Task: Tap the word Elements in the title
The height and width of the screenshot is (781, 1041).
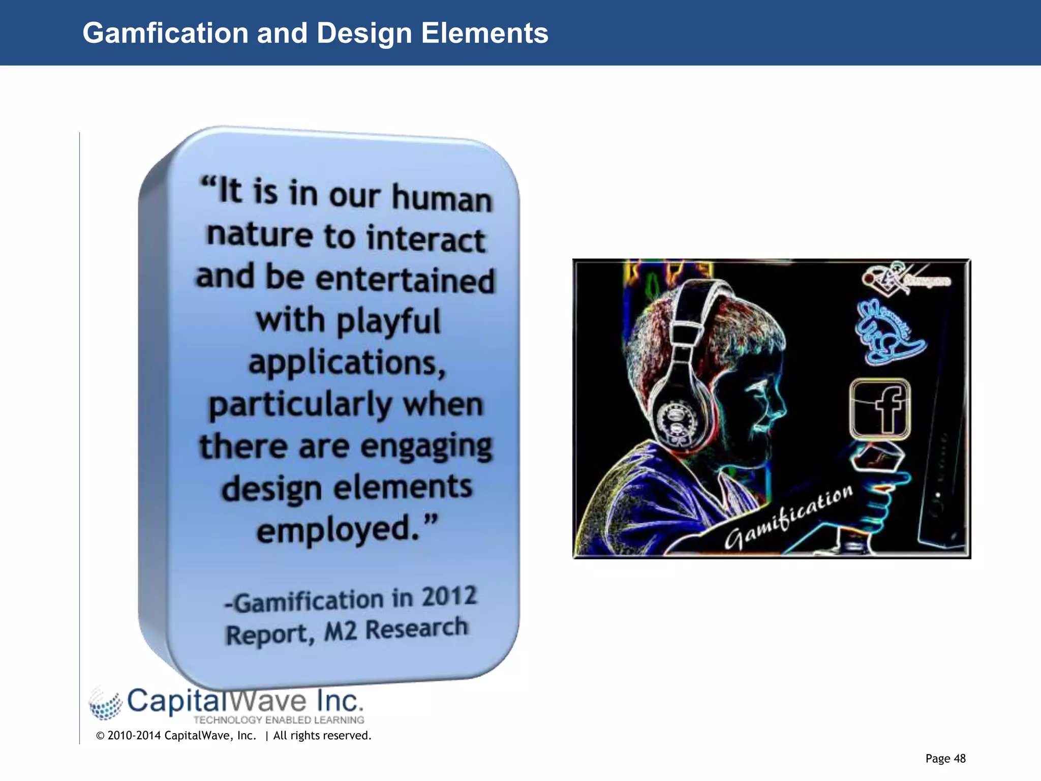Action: pyautogui.click(x=484, y=34)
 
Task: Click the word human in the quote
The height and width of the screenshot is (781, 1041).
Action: pyautogui.click(x=442, y=198)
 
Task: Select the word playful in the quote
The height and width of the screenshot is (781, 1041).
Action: pyautogui.click(x=388, y=322)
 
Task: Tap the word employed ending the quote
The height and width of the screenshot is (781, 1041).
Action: pyautogui.click(x=338, y=530)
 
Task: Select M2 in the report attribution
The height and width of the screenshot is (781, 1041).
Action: pyautogui.click(x=341, y=633)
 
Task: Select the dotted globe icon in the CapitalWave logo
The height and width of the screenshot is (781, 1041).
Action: pyautogui.click(x=106, y=704)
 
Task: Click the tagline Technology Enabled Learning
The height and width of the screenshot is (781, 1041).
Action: pyautogui.click(x=279, y=720)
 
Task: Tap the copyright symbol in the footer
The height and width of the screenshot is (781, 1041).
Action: pyautogui.click(x=100, y=736)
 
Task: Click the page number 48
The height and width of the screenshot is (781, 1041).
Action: pyautogui.click(x=959, y=759)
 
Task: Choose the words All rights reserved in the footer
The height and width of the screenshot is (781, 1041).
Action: pyautogui.click(x=322, y=736)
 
